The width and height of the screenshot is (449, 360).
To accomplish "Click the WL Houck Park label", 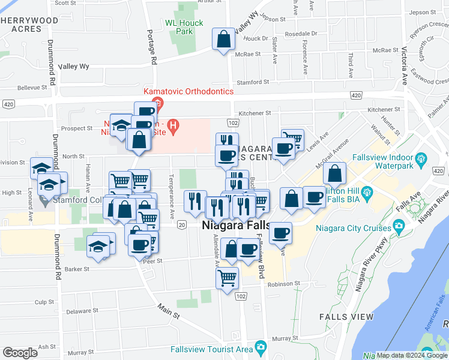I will click(184, 28).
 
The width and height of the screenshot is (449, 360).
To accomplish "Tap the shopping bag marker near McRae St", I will click(224, 40).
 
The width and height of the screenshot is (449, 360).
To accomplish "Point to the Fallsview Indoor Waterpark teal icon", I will click(421, 158).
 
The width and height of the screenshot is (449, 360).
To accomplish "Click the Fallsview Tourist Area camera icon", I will click(261, 347).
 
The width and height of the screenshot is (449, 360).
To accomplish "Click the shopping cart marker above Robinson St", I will click(228, 278).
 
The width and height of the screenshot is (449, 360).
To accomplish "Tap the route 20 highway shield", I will click(181, 224).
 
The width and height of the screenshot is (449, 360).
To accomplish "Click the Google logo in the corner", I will click(20, 353).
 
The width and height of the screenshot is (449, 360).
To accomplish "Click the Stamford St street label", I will click(251, 82).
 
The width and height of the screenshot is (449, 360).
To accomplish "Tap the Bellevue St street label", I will click(32, 88).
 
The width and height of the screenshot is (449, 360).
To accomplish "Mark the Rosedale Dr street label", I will click(300, 34).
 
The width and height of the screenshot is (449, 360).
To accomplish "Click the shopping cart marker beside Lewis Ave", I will click(292, 139).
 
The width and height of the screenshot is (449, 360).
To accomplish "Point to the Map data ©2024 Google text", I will click(412, 355).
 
